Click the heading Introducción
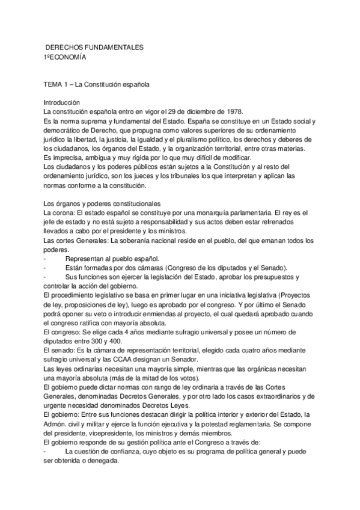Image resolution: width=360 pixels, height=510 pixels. click(66, 103)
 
